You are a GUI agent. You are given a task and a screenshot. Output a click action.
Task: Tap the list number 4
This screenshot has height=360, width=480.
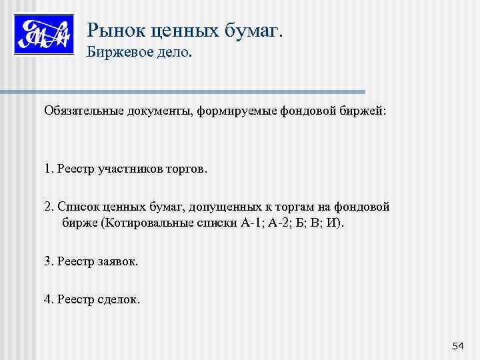tap(48, 300)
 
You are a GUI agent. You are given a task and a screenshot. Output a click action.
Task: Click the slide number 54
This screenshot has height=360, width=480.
tap(457, 345)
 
